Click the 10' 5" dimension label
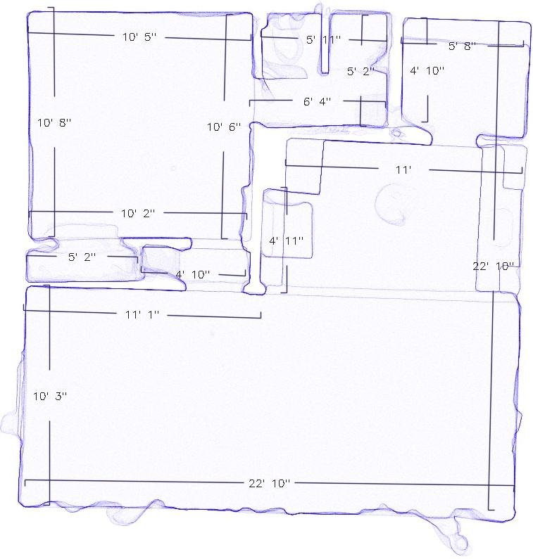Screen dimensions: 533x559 (x=139, y=37)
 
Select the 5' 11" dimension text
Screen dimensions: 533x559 (x=323, y=39)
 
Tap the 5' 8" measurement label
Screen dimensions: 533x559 (x=462, y=46)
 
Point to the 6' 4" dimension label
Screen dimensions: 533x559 (x=317, y=101)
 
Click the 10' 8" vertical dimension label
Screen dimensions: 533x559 (x=54, y=123)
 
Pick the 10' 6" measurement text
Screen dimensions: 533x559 (x=224, y=127)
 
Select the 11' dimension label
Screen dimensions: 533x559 (x=403, y=169)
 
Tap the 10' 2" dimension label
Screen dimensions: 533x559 (x=138, y=213)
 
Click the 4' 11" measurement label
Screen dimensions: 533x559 (x=287, y=240)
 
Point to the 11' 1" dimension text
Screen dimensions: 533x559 (x=142, y=314)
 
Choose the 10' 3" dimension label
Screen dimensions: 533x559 (x=50, y=396)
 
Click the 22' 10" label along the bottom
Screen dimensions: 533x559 (x=269, y=483)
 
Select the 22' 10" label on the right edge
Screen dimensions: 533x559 (x=493, y=266)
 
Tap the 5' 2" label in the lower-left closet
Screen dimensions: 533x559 (x=82, y=257)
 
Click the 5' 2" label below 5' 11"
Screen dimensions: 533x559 (x=360, y=71)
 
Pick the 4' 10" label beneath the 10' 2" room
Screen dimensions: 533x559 (x=193, y=274)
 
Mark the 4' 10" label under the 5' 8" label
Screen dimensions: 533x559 (x=427, y=70)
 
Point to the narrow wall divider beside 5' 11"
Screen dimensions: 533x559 (x=325, y=44)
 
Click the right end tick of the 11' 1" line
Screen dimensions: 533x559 (x=261, y=315)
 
